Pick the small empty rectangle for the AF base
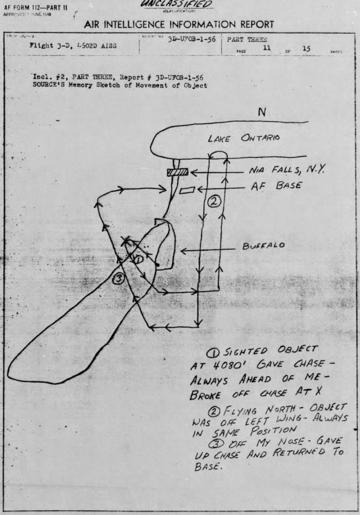point(187,191)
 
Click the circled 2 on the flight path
point(213,202)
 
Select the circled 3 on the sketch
point(118,278)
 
